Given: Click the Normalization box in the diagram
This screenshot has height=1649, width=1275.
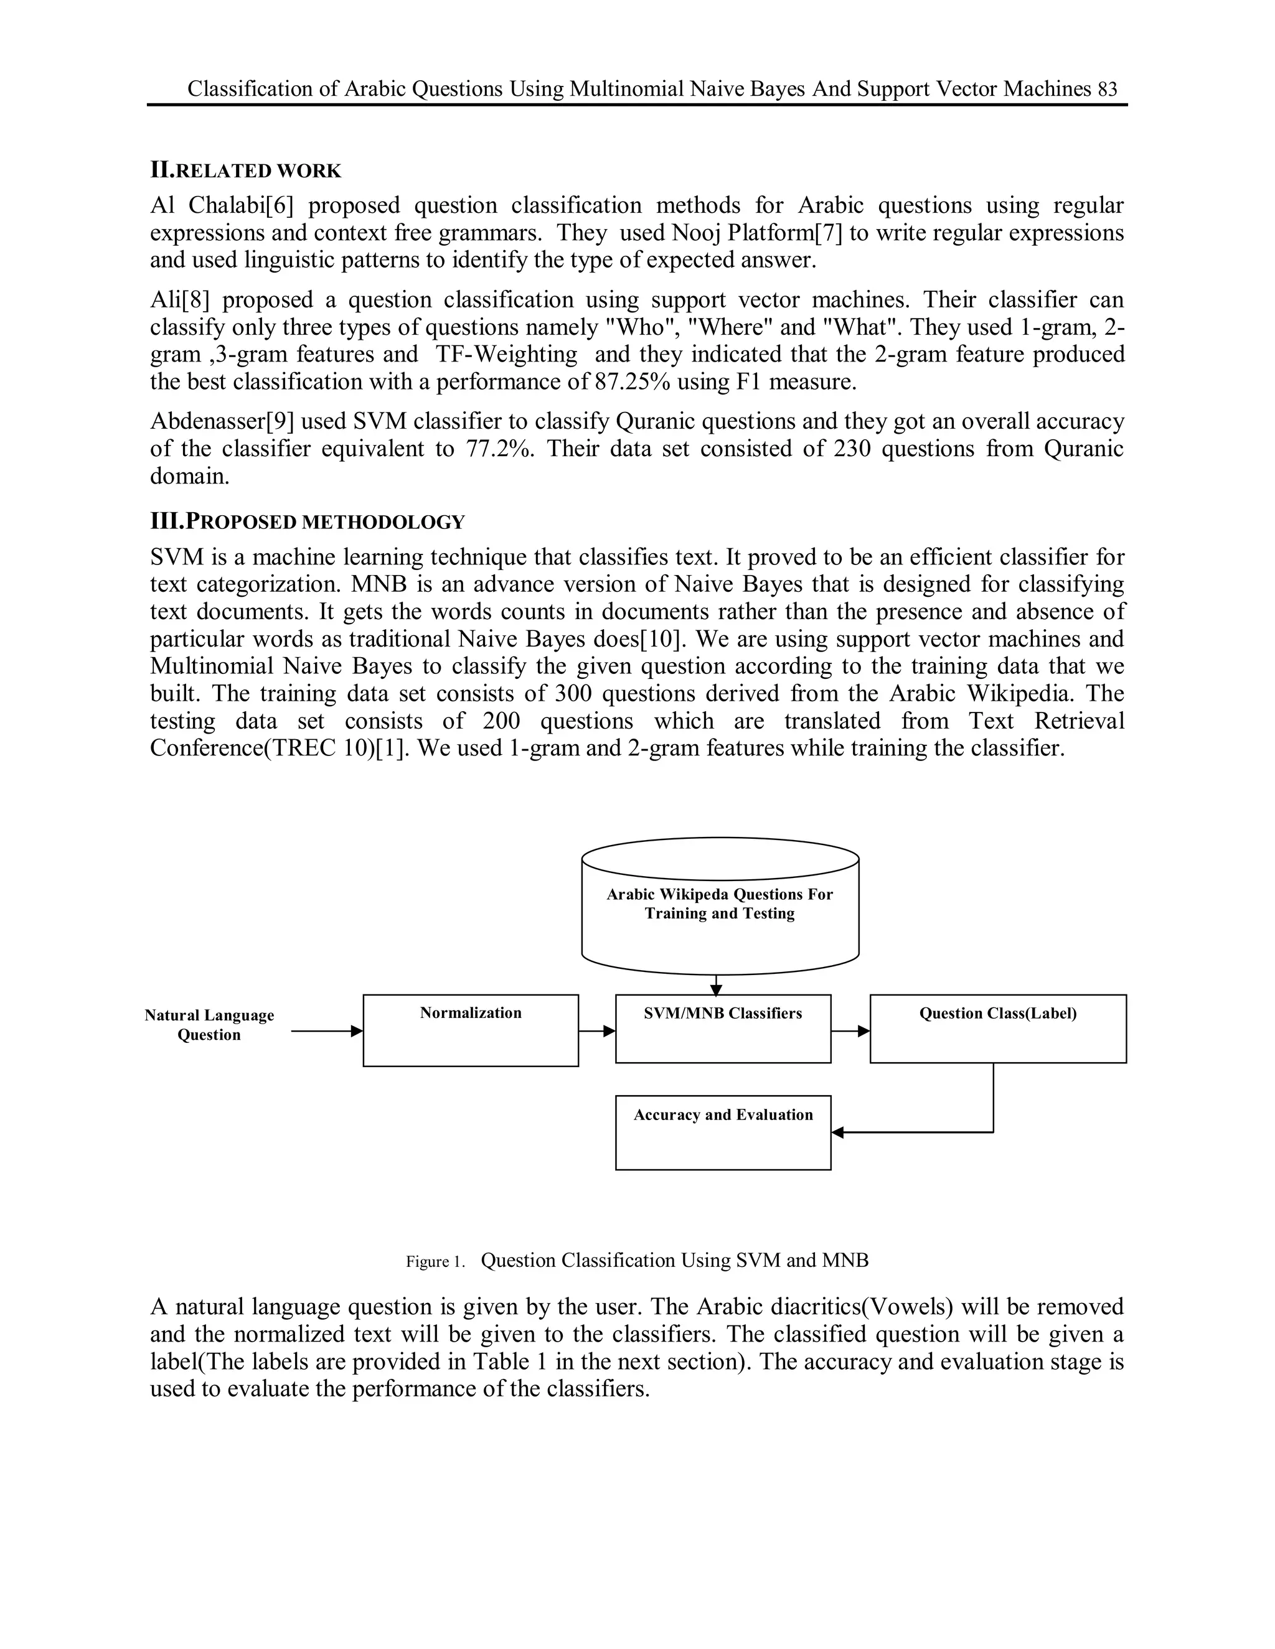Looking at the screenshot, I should [471, 1030].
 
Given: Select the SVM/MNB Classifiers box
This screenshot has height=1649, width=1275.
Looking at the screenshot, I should [723, 1029].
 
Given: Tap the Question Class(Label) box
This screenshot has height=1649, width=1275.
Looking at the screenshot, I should [998, 1029].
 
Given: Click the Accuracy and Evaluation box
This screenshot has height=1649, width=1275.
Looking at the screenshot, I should [723, 1132].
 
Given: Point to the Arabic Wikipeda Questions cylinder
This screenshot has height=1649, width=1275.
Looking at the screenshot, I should [720, 905].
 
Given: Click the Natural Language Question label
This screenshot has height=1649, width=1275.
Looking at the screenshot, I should [209, 1025].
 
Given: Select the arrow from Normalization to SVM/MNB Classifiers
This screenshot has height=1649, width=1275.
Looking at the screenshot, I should [596, 1030].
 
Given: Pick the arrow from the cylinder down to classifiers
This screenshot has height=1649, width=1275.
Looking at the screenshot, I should [716, 984].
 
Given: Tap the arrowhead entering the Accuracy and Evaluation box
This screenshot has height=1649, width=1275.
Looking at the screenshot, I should [837, 1132].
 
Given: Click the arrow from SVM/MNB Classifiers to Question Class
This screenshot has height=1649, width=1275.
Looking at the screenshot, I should [850, 1030].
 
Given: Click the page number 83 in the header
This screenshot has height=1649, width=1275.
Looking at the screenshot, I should [1108, 90].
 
